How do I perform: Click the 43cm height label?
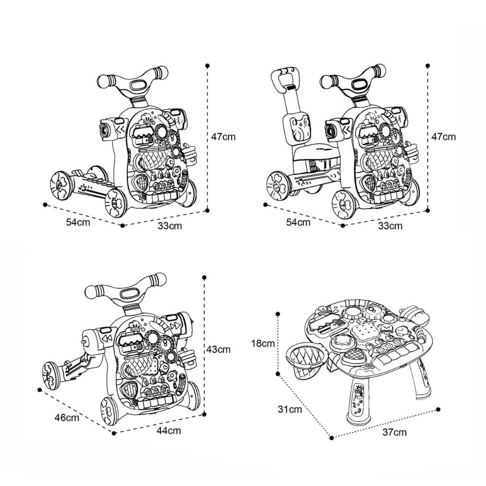[219, 349]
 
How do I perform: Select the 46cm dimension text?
[67, 417]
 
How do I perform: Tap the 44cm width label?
[169, 431]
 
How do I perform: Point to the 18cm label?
[263, 344]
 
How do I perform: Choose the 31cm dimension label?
[290, 409]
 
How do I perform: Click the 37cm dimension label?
[394, 432]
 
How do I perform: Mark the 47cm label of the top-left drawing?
[224, 137]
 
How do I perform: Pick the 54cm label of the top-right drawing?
[298, 222]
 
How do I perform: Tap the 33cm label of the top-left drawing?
[170, 226]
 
